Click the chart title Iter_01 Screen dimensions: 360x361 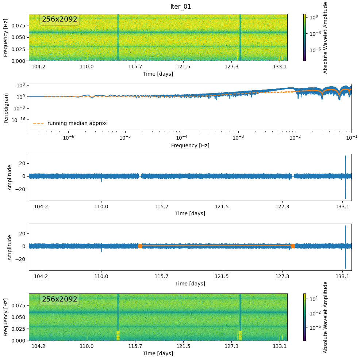click(181, 7)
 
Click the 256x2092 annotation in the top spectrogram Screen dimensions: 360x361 click(59, 19)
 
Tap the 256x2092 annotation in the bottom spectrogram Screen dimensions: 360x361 click(59, 299)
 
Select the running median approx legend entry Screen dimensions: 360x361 click(77, 123)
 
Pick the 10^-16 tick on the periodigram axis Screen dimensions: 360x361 click(19, 120)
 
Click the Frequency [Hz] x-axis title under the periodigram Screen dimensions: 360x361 click(190, 145)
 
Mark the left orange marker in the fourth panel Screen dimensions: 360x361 click(140, 246)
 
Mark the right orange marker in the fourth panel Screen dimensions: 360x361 click(293, 246)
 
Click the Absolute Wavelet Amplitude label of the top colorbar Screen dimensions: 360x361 click(326, 37)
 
